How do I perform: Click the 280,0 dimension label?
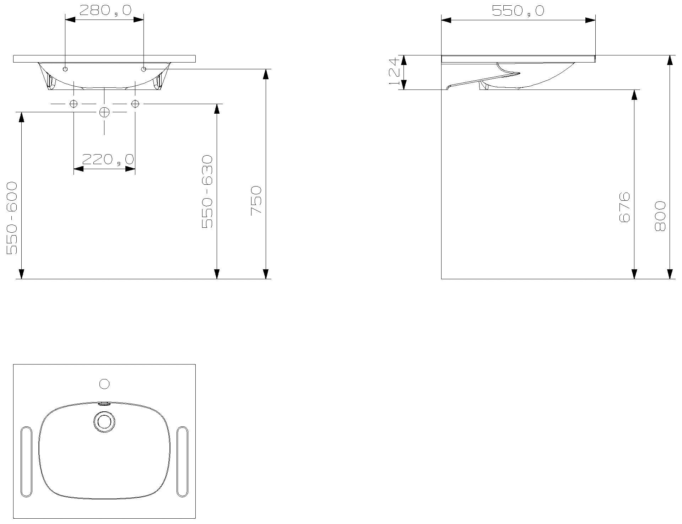[105, 10]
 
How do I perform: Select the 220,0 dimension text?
[108, 160]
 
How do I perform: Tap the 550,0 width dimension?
[518, 11]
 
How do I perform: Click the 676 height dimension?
[624, 207]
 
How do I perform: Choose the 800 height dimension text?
[660, 216]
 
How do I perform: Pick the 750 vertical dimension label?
[256, 200]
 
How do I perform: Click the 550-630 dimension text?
[207, 192]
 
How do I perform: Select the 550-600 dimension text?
[12, 218]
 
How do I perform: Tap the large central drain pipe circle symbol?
[104, 112]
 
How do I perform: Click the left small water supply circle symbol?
[74, 104]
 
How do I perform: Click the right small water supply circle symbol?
[135, 104]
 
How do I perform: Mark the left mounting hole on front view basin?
[65, 69]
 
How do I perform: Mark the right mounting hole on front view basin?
[144, 69]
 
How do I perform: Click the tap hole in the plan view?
[104, 384]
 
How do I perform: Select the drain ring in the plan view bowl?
[104, 422]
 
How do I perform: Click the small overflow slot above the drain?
[104, 404]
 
